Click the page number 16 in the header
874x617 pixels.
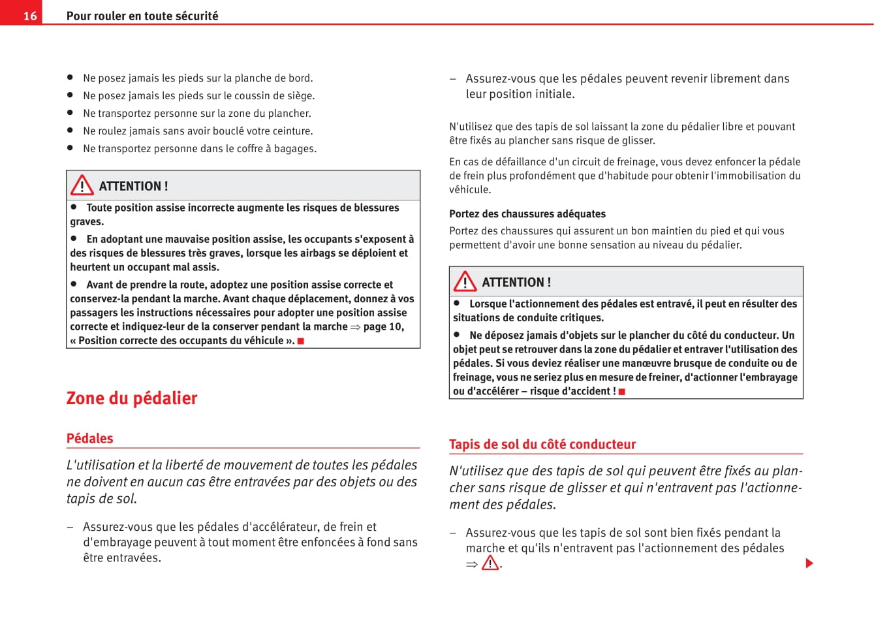30,16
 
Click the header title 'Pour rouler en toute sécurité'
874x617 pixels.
142,16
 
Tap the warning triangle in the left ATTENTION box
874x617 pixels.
82,185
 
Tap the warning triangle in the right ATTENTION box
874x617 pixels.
465,281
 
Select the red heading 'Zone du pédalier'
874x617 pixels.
132,398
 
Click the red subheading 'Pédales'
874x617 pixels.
89,438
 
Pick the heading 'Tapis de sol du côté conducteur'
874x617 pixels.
542,444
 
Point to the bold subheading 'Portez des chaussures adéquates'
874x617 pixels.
527,214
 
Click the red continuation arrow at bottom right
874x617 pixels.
809,563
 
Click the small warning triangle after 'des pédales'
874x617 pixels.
490,563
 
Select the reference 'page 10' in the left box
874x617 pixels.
383,326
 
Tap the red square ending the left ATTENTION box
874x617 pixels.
301,341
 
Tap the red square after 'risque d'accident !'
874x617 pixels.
622,391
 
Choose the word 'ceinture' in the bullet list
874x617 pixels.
292,131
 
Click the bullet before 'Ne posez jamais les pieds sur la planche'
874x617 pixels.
70,77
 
